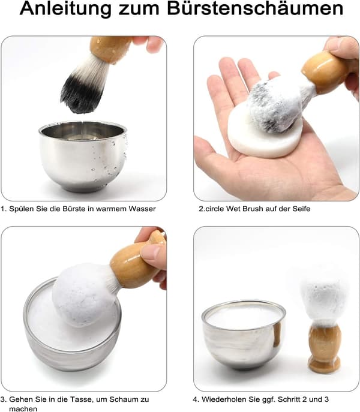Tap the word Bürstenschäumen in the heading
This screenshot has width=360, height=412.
255,8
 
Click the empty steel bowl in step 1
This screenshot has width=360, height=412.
83,156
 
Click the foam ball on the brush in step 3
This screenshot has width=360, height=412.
84,294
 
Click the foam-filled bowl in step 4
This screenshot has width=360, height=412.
244,335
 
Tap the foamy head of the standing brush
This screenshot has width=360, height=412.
324,299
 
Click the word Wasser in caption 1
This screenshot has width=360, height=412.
142,209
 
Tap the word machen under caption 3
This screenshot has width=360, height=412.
23,408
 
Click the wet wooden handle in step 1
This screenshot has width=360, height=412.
110,49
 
